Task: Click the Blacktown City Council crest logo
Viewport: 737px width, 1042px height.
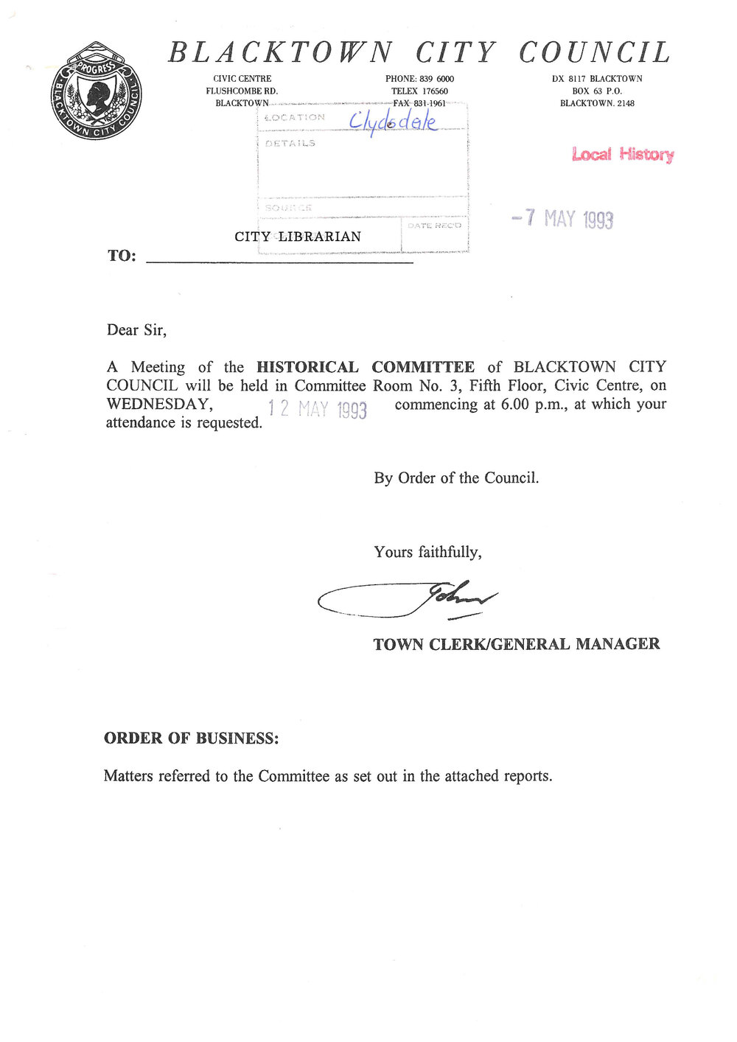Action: (x=96, y=91)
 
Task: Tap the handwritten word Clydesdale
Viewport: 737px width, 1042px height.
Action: (x=393, y=122)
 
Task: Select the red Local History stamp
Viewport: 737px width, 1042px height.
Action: (x=623, y=154)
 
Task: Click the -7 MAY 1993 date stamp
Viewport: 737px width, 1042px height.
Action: (x=562, y=218)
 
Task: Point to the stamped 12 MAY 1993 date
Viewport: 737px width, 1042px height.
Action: (x=317, y=408)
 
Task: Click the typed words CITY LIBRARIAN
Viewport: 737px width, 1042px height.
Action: (x=298, y=237)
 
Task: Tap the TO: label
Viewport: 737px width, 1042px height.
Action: (x=122, y=256)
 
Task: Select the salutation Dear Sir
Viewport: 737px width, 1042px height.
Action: (x=136, y=330)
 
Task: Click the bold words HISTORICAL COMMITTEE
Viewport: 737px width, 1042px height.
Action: (x=366, y=367)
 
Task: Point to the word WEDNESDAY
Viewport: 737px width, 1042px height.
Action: (x=159, y=404)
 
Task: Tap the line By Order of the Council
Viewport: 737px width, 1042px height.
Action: (x=456, y=478)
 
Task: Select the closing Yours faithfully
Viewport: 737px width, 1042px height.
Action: (x=427, y=552)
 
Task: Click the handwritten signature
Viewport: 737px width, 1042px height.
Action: (x=408, y=601)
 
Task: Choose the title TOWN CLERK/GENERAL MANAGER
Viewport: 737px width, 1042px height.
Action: (x=516, y=644)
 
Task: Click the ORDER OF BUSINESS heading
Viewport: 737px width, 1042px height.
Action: (x=192, y=738)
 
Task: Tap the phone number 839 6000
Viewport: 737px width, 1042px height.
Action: (x=436, y=79)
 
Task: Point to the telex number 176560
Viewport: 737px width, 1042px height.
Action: (x=435, y=91)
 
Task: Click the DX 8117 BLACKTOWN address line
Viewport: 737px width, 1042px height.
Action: (x=597, y=79)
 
